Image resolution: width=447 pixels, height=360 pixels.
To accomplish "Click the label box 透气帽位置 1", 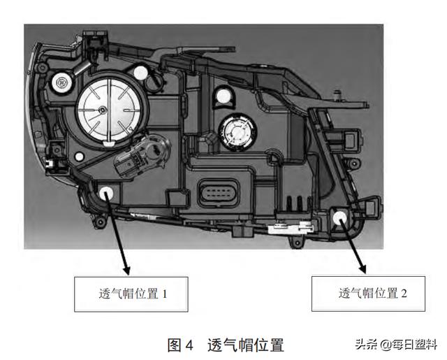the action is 131,294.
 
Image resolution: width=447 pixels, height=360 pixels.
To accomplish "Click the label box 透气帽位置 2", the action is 368,294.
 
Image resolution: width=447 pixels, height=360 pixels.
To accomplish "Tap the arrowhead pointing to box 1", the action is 126,271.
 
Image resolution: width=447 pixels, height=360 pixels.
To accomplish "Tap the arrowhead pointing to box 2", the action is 362,269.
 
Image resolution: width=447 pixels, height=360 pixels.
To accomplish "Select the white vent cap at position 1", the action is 106,194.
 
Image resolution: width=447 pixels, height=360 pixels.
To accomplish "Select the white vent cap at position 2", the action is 340,217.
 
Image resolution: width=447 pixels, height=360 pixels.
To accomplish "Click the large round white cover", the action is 109,110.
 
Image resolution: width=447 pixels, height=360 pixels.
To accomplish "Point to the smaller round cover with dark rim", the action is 237,132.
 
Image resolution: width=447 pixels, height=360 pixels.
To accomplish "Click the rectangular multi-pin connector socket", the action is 218,193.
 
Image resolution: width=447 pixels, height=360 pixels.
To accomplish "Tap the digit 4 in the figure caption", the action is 189,345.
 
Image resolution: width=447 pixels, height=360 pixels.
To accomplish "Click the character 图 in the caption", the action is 174,345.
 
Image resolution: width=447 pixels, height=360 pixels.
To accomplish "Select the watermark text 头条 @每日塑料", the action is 396,345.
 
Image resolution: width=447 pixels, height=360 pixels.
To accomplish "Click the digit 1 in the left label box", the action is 165,294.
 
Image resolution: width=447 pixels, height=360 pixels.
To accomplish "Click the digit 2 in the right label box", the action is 404,294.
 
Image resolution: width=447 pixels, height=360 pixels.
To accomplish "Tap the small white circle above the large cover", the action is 140,73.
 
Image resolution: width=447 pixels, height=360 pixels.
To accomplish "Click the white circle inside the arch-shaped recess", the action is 223,96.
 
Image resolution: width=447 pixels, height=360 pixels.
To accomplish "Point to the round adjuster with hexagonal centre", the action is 61,83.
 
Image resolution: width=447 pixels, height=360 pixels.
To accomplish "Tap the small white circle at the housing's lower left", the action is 79,157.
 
